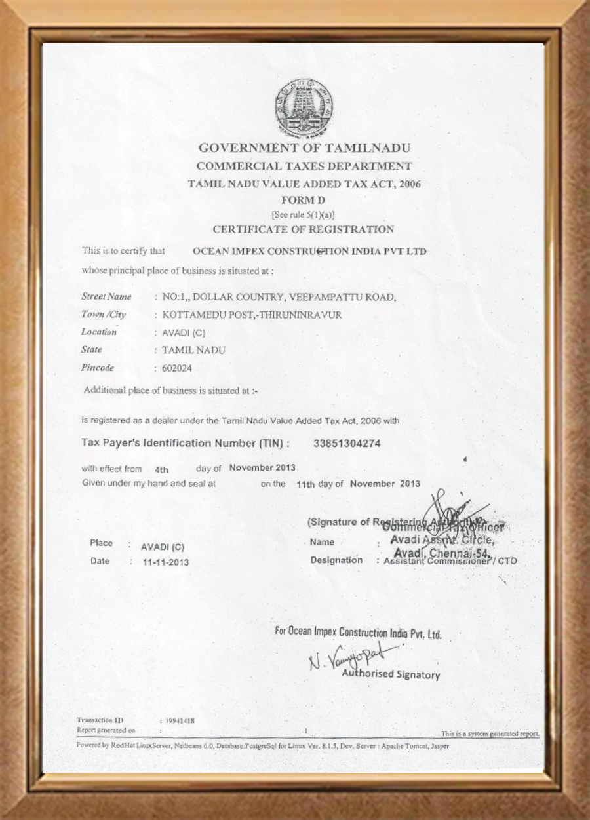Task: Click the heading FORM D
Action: point(303,199)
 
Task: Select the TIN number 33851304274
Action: point(347,444)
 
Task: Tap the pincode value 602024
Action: point(177,368)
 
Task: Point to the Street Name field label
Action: point(106,297)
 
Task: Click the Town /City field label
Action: point(104,315)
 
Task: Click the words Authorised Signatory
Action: point(391,674)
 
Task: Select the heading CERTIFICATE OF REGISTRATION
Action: point(304,229)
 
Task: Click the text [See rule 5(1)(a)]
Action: point(304,214)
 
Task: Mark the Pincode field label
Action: point(98,368)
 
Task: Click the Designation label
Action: point(336,560)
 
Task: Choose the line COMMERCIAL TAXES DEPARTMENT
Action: point(304,166)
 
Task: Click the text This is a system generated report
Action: point(490,733)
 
